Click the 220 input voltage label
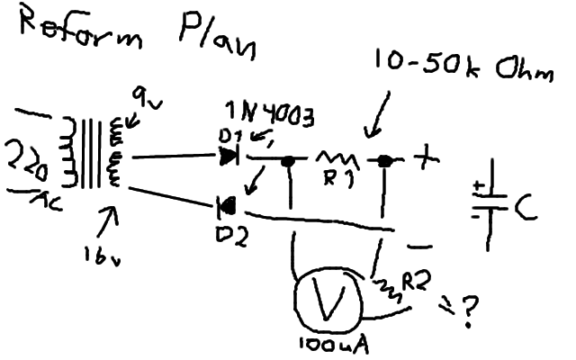[x=28, y=165]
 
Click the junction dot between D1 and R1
[x=289, y=162]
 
